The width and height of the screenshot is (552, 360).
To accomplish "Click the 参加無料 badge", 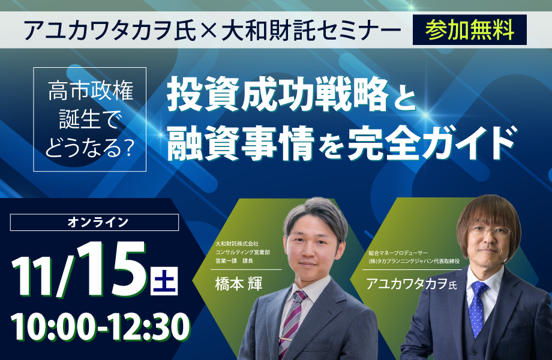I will pos(469,29).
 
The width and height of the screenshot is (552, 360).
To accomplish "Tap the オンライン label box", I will pos(95,223).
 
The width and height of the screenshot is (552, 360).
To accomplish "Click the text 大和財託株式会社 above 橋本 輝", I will pos(236,244).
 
